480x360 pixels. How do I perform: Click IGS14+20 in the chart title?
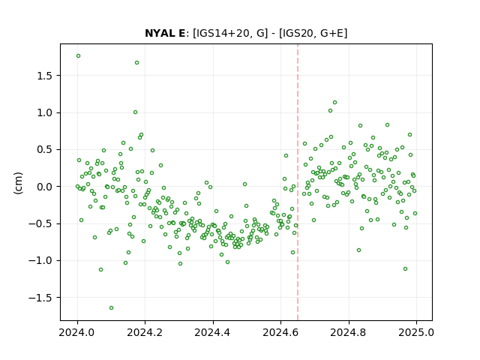click(221, 33)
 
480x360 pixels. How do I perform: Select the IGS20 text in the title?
click(298, 33)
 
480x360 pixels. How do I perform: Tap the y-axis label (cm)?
click(18, 183)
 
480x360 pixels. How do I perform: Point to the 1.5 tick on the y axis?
click(45, 76)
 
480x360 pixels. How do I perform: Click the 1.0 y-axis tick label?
click(45, 112)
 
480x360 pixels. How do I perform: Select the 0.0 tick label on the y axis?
click(45, 187)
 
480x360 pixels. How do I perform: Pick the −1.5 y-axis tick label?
click(41, 298)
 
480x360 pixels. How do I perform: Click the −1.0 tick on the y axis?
click(41, 260)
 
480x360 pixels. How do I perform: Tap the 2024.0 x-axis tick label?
click(77, 332)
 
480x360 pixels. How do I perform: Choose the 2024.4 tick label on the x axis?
click(213, 332)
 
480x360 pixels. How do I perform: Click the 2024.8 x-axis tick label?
click(348, 332)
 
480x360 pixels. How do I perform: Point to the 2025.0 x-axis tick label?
click(416, 332)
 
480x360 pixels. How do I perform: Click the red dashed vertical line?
click(298, 182)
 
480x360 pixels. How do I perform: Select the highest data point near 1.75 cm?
click(78, 56)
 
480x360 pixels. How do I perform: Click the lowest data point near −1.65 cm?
click(112, 308)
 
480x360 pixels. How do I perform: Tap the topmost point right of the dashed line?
click(335, 103)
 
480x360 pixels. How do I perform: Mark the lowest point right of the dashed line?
click(405, 269)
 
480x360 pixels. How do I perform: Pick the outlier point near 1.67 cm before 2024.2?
click(136, 63)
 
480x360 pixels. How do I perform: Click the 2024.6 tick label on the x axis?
click(280, 332)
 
